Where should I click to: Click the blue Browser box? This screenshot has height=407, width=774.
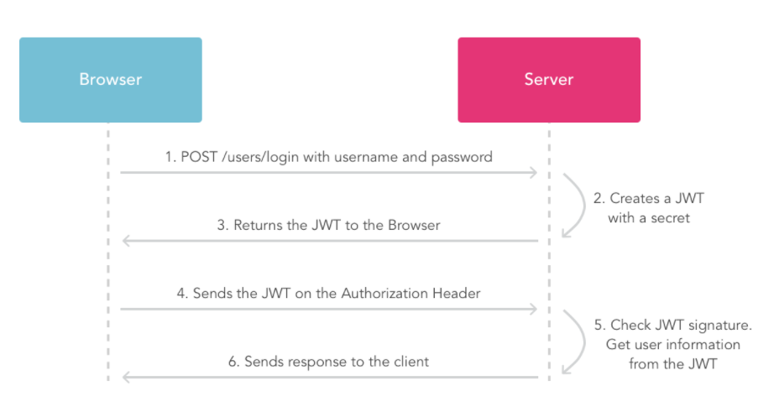(110, 80)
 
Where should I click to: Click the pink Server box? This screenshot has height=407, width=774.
(549, 80)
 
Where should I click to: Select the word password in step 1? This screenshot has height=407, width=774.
(463, 157)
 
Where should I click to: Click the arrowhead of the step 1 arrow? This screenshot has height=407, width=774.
(532, 173)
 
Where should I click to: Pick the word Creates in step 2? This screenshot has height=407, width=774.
(635, 199)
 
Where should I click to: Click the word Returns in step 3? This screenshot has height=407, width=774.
(259, 225)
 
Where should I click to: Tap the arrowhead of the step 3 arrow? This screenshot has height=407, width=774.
(127, 241)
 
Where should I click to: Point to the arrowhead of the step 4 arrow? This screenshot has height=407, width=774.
(532, 310)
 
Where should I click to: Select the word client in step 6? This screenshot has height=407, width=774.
(409, 362)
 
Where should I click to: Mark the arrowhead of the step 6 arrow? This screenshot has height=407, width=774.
(127, 378)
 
